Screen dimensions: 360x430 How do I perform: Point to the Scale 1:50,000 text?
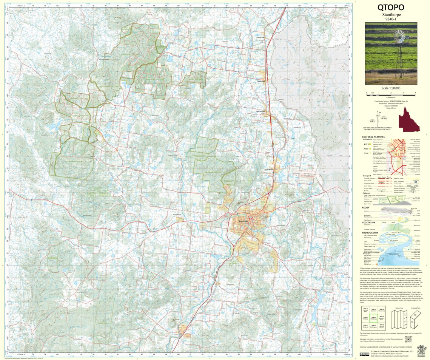coord(391,88)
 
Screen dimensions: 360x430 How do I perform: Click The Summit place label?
coord(261,111)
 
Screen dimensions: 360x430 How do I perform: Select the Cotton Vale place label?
coord(261,37)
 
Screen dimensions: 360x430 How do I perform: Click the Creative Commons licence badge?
coord(365,354)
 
